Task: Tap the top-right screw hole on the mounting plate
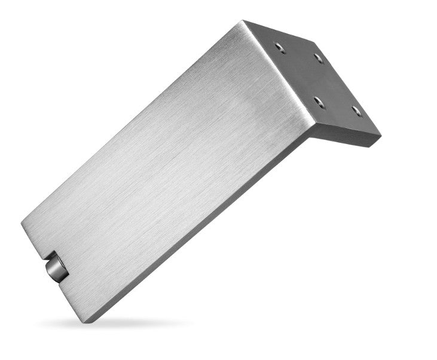[318, 59]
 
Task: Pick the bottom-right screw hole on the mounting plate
[356, 110]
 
